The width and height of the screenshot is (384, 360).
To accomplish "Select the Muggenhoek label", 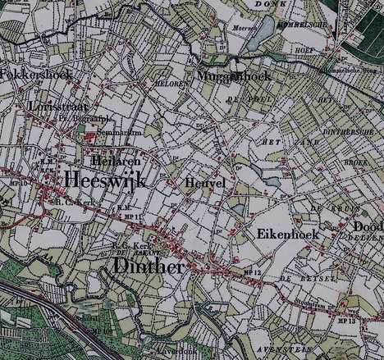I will tap(233, 75).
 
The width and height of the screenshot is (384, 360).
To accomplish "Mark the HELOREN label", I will tap(167, 84).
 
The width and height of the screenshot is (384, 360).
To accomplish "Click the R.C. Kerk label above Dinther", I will tap(125, 244).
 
